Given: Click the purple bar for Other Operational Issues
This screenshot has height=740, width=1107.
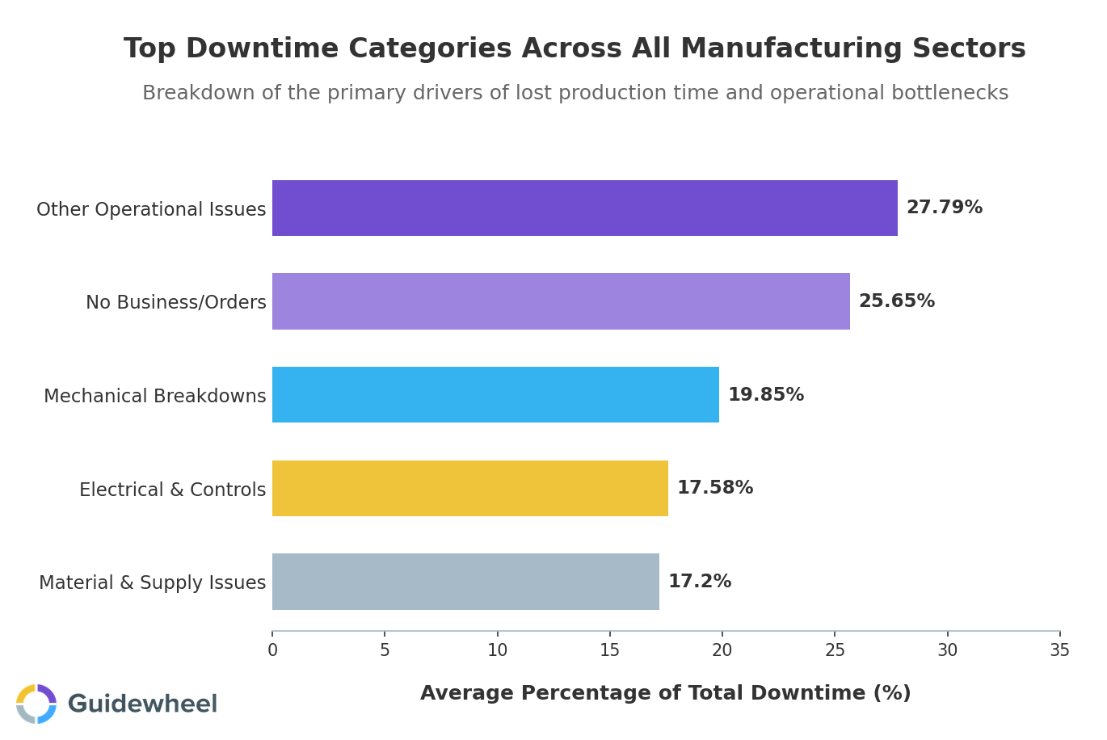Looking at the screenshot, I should coord(584,208).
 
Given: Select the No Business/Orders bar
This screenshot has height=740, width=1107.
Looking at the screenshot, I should coord(561,301).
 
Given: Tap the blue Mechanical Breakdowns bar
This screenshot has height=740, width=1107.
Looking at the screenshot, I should coord(495,395).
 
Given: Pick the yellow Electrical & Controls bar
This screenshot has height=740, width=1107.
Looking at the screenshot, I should coord(469,489).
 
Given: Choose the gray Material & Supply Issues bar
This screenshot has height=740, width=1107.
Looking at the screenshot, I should coord(465,582).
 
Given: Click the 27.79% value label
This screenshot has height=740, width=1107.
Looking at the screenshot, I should coord(944,208).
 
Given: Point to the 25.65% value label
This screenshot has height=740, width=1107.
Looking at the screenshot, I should coord(896,302).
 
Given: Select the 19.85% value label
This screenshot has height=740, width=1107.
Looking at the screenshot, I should coord(765,396).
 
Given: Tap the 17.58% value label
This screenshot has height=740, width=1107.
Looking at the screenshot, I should coord(714,489).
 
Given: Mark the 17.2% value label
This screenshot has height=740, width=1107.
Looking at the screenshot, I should coord(699,582).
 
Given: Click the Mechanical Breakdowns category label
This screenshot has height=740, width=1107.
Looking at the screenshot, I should coord(154,397).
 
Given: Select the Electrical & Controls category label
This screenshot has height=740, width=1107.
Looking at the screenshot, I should coord(172,490).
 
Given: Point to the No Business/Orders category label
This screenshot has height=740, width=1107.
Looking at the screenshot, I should coord(175,303).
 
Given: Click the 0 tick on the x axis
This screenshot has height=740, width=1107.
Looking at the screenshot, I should coord(272,650).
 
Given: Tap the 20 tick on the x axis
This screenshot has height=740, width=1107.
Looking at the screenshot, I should coord(722,650).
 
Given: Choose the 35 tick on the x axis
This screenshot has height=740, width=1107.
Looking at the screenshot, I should coord(1059,650).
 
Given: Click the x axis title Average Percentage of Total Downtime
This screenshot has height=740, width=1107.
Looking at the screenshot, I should coord(665,694).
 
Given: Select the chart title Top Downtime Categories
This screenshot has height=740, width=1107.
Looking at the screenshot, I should coord(575,49).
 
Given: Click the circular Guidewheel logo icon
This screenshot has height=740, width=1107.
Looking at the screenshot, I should coord(36,704).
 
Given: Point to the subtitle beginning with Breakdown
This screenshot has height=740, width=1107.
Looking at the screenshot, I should coord(575,94).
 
